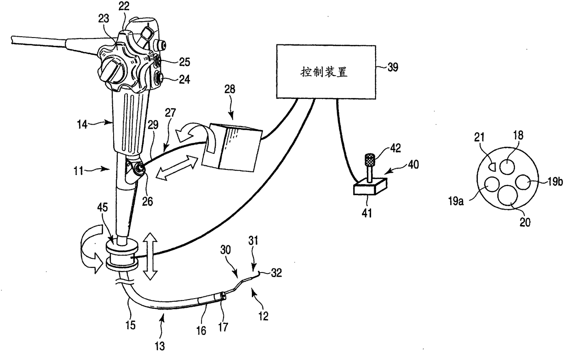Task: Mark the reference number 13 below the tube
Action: coord(161,346)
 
